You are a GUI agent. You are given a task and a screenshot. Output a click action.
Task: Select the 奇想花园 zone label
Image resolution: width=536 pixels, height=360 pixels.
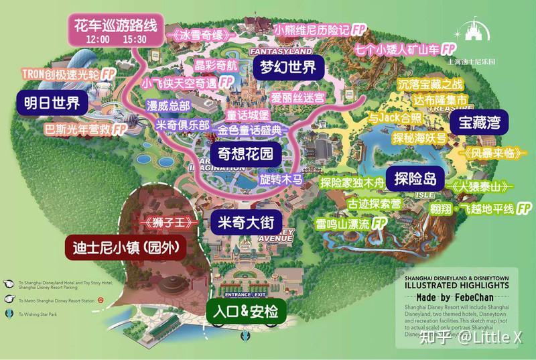tap(242, 154)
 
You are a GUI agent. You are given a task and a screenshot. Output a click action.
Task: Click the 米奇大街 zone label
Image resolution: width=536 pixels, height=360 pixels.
tap(243, 222)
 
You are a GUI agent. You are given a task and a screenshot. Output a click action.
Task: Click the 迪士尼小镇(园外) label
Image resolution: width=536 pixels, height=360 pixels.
tap(126, 247)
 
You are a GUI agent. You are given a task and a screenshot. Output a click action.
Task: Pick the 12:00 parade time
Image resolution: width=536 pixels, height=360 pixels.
tap(98, 40)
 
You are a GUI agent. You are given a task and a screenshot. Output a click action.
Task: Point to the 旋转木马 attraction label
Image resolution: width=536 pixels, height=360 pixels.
tap(282, 180)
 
